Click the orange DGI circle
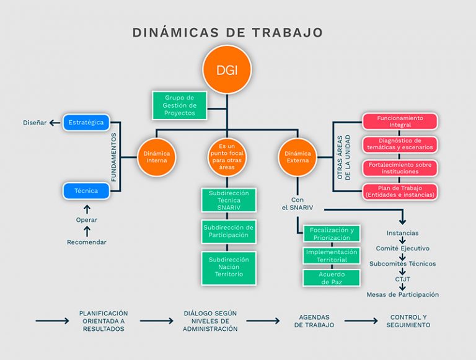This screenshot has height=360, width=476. (227, 69)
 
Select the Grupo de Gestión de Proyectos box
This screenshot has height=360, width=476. (179, 105)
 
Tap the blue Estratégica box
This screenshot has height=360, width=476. (86, 122)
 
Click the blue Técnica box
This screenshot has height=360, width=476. (86, 191)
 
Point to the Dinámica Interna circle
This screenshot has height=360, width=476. (156, 157)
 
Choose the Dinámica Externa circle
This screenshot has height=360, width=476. (297, 157)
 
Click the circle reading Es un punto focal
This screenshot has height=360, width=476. (227, 157)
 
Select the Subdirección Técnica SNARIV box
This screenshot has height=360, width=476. (229, 200)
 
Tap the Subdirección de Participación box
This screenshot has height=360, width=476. (229, 231)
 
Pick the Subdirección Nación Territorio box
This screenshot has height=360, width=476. (229, 268)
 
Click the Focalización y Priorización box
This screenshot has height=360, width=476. (332, 234)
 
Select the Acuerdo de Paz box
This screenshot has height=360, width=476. (332, 278)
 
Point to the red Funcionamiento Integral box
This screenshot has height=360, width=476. (400, 121)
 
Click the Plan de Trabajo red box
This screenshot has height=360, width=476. (400, 191)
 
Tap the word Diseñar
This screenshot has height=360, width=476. (35, 123)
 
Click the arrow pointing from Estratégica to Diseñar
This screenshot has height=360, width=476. (55, 123)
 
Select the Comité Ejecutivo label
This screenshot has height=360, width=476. (402, 248)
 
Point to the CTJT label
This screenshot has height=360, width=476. (402, 279)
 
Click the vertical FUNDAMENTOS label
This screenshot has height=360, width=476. (114, 157)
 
